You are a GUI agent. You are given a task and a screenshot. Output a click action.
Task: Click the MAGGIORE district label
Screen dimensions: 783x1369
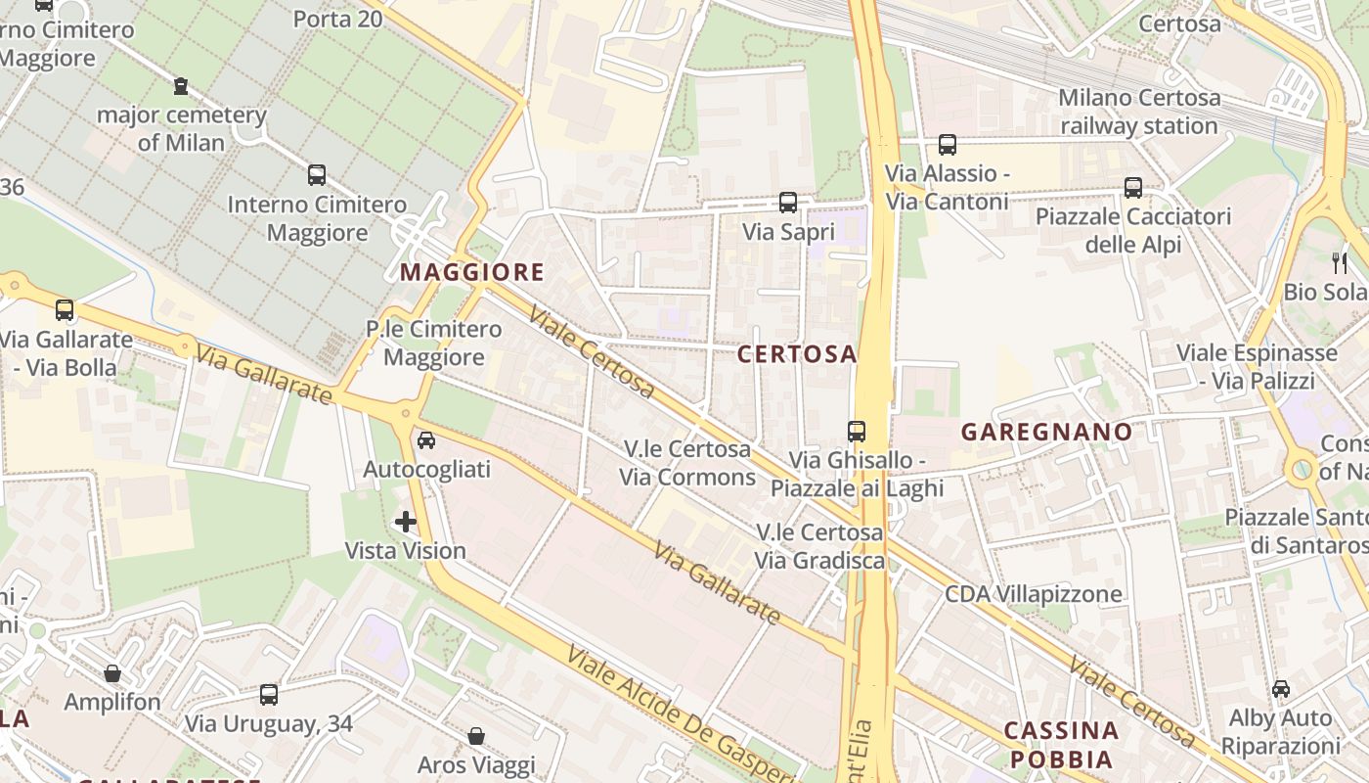[471, 272]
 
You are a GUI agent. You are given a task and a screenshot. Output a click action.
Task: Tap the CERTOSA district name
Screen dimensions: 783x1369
[797, 354]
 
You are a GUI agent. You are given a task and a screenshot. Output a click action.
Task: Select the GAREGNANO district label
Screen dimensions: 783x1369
[1046, 432]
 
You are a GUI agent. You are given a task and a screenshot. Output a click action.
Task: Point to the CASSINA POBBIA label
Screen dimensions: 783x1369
[1061, 745]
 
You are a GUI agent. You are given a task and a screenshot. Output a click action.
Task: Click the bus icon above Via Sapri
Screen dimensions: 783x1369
[788, 203]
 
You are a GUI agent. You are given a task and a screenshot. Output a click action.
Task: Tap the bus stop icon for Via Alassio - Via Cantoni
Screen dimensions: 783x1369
[947, 145]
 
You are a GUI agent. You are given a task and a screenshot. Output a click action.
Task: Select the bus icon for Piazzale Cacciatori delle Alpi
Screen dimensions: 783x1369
[1133, 187]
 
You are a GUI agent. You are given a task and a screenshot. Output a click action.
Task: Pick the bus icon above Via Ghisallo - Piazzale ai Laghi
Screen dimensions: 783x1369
[857, 431]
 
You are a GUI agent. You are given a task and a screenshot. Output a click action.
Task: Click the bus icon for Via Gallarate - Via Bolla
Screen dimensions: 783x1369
[65, 310]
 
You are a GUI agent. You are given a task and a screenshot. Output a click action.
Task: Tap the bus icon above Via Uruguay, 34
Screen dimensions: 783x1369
[269, 695]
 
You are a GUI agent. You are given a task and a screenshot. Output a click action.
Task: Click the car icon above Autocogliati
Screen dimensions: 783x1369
[426, 440]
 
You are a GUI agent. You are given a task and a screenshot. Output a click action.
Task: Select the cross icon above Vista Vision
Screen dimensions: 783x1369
[406, 522]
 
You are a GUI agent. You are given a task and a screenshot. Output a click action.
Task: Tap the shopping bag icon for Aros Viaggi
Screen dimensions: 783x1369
[476, 735]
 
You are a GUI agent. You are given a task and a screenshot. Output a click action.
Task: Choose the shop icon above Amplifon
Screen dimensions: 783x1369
[112, 673]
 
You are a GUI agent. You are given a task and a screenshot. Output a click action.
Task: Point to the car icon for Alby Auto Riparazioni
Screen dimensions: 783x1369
[1281, 689]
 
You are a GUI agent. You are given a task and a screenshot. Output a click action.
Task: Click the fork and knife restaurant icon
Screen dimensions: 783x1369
[1340, 262]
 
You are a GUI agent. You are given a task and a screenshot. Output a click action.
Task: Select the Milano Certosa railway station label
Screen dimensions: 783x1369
[1139, 112]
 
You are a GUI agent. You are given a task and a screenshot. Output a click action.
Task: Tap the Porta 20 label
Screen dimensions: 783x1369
[337, 19]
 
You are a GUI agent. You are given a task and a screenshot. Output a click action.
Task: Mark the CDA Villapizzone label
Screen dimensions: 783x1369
[1033, 594]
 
